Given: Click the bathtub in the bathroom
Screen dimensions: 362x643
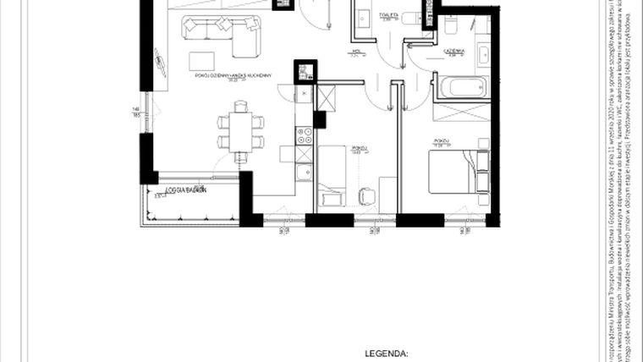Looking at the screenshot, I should click(461, 87).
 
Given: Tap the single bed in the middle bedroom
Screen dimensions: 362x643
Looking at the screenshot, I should click(332, 173).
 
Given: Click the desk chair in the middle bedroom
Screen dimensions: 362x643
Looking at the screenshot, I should click(366, 195).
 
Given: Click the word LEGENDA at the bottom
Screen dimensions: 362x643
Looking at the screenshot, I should click(385, 348).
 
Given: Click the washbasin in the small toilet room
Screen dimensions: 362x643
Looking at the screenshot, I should click(363, 19).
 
